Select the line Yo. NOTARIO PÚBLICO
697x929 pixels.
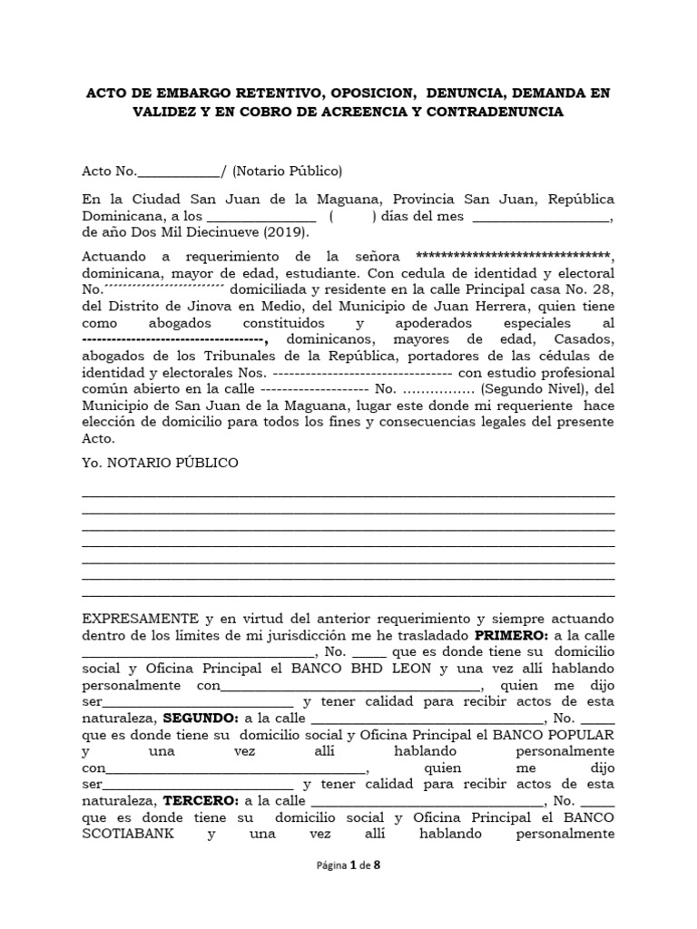click(x=160, y=463)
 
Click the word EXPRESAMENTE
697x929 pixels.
click(x=140, y=618)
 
